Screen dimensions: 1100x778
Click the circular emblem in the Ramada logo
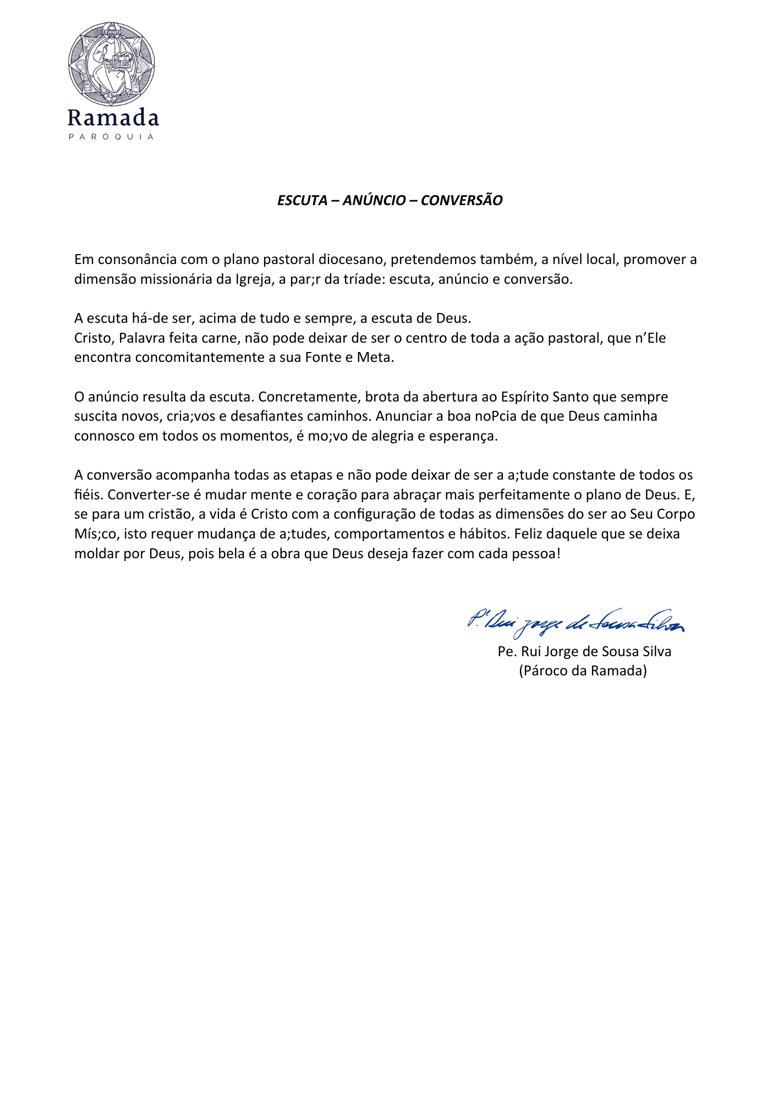pyautogui.click(x=112, y=64)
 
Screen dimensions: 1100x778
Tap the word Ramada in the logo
pyautogui.click(x=113, y=118)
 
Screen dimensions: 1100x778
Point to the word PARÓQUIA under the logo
pyautogui.click(x=111, y=137)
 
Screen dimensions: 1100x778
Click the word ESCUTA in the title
pyautogui.click(x=302, y=200)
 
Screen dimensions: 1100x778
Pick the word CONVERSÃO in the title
pyautogui.click(x=462, y=200)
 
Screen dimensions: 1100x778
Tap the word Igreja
pyautogui.click(x=253, y=279)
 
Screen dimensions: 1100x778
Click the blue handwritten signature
pyautogui.click(x=576, y=622)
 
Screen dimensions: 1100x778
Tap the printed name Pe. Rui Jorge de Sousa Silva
pyautogui.click(x=584, y=652)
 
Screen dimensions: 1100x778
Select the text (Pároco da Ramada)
pyautogui.click(x=583, y=671)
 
